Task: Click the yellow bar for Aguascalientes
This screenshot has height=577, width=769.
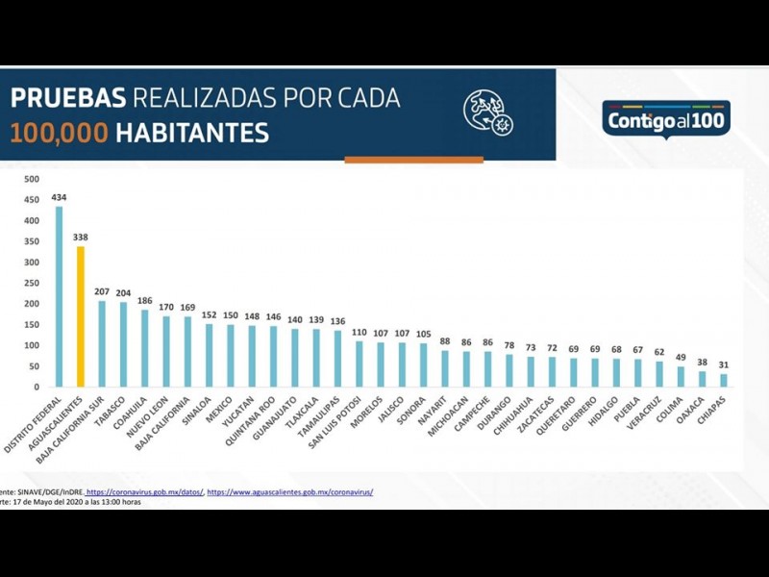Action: [x=81, y=317]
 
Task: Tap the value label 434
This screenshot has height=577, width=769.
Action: [x=59, y=197]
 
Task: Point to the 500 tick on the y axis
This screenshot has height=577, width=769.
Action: [x=32, y=179]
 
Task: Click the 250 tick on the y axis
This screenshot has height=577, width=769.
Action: [x=32, y=283]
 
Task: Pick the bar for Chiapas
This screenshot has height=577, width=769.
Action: [x=724, y=381]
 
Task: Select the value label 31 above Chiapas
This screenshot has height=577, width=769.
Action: [x=724, y=364]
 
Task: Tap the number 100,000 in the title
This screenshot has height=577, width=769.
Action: [x=59, y=132]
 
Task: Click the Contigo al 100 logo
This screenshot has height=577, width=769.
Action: [x=666, y=120]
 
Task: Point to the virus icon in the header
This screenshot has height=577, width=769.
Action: [x=487, y=112]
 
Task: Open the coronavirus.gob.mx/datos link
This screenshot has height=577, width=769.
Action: [x=144, y=492]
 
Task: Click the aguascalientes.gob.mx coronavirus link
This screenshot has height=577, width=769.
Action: [x=290, y=492]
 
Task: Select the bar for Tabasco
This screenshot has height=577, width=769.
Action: [x=123, y=344]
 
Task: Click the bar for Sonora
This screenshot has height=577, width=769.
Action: [x=423, y=365]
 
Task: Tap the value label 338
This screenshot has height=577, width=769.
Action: [x=81, y=237]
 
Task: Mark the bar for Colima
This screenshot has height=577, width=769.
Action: [x=681, y=377]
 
